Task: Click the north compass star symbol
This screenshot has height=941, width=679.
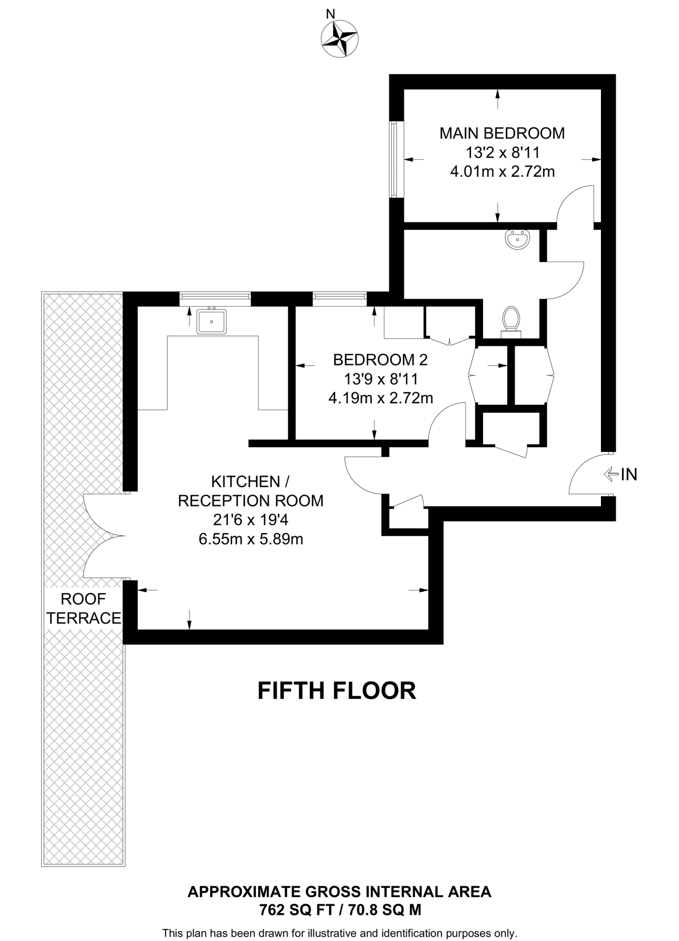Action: coord(340,39)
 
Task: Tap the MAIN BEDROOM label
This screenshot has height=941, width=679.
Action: coord(502,133)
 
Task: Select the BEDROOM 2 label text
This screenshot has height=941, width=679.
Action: coord(380,360)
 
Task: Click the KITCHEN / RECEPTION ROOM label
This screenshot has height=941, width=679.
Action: coord(251,491)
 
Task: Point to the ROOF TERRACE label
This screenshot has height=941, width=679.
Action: coord(84,608)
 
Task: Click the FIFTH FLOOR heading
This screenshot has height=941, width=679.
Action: coord(337,691)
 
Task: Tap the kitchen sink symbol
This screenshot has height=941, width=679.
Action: coord(212,321)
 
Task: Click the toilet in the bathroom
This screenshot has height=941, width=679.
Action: coord(511,320)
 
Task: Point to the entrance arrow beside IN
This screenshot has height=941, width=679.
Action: coord(610,475)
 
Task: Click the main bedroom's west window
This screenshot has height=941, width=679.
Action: coord(393,159)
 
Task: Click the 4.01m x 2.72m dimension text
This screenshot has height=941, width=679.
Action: coord(502,172)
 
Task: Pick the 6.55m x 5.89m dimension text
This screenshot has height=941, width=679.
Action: coord(251,539)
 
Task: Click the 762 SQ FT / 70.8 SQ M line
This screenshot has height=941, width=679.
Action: coord(340,910)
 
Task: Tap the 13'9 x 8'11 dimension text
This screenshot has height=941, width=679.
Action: coord(381,379)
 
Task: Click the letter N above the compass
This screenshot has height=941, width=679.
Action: coord(331,14)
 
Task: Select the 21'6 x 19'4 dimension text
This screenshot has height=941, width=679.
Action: coord(251,520)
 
